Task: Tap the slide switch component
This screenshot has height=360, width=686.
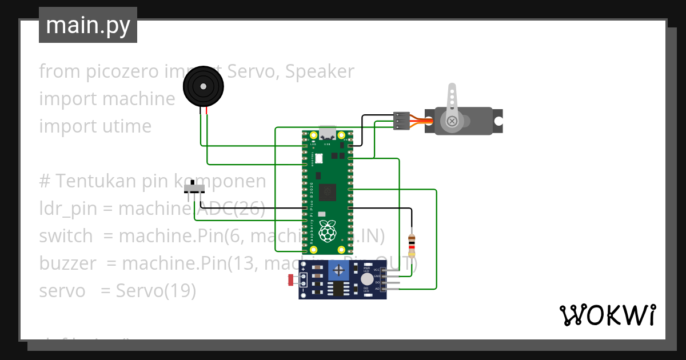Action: [196, 189]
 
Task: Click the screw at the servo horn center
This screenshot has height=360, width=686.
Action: [452, 121]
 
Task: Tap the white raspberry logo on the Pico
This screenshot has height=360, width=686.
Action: [326, 231]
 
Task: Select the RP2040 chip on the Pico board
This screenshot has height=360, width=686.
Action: [328, 193]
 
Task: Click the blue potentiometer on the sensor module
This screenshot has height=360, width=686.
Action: [340, 270]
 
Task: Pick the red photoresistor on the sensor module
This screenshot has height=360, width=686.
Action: [291, 280]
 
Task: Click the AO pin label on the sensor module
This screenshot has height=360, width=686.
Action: [376, 289]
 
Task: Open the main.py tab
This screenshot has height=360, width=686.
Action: [88, 25]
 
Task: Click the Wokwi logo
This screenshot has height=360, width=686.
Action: [607, 315]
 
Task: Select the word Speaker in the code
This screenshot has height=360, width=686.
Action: [320, 71]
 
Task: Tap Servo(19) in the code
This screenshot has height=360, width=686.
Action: [155, 291]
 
